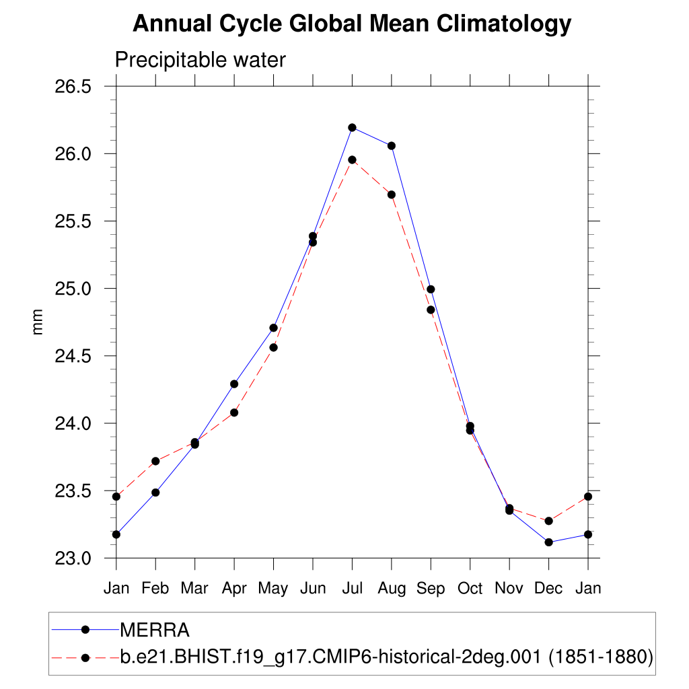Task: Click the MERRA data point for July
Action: point(352,127)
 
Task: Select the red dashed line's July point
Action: point(352,159)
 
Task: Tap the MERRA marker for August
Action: point(392,145)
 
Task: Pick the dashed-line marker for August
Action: point(392,194)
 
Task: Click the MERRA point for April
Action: point(234,384)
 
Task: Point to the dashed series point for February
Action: point(155,461)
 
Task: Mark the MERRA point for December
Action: point(549,542)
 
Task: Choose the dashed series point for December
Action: point(549,521)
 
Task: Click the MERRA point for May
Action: point(274,328)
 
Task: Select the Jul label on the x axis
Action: point(352,588)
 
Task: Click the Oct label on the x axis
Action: point(470,588)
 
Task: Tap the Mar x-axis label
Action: point(194,588)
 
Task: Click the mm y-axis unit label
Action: point(38,322)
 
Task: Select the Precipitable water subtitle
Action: point(200,60)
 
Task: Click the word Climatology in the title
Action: point(504,24)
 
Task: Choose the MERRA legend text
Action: point(155,630)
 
